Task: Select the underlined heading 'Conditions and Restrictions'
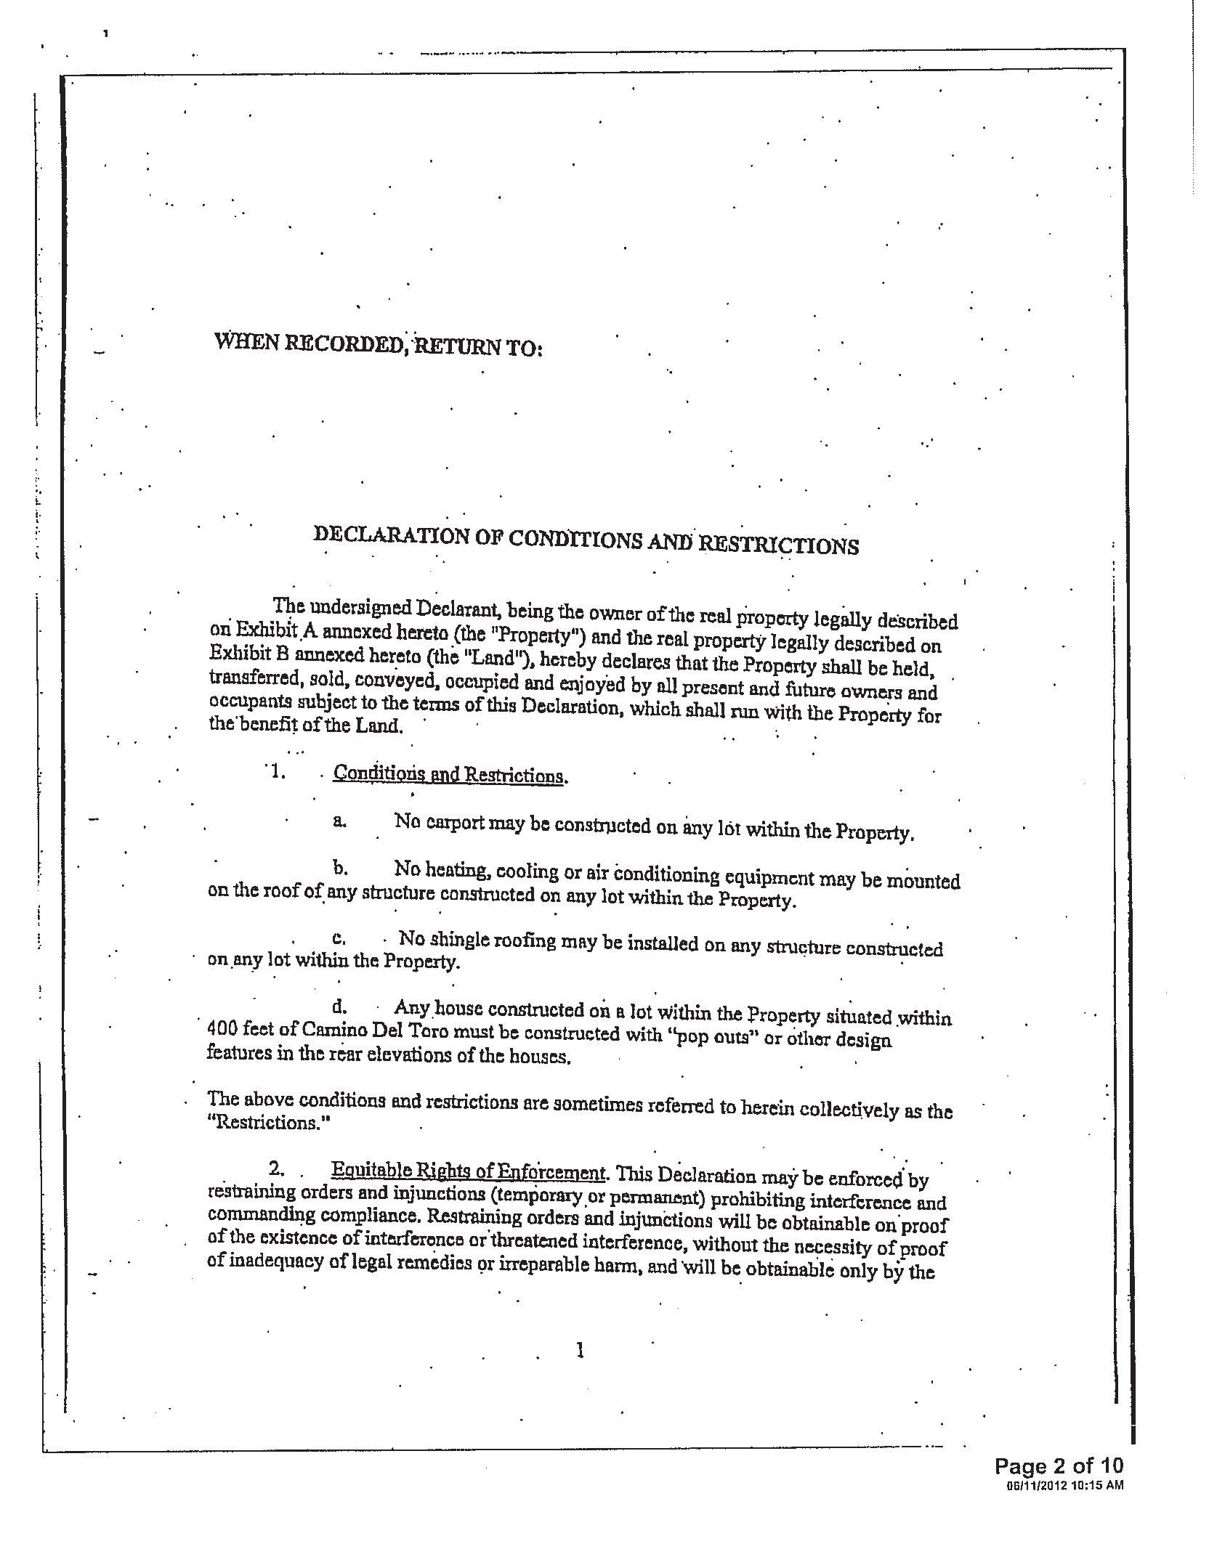tap(448, 774)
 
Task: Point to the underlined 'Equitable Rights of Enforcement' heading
tap(468, 1171)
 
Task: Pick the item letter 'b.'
tap(340, 868)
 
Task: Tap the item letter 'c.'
tap(339, 938)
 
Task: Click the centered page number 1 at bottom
tap(579, 1350)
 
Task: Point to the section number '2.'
tap(276, 1168)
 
